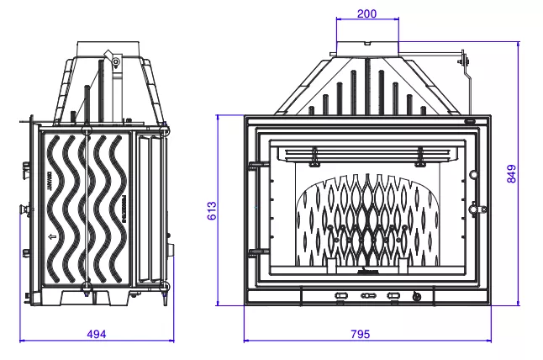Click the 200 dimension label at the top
pyautogui.click(x=366, y=14)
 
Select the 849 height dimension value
pyautogui.click(x=511, y=173)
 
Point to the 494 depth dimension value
pyautogui.click(x=97, y=334)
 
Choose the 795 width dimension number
pyautogui.click(x=359, y=334)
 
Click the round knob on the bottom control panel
pyautogui.click(x=416, y=296)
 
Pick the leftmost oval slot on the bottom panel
pyautogui.click(x=340, y=296)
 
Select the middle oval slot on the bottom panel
pyautogui.click(x=367, y=296)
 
